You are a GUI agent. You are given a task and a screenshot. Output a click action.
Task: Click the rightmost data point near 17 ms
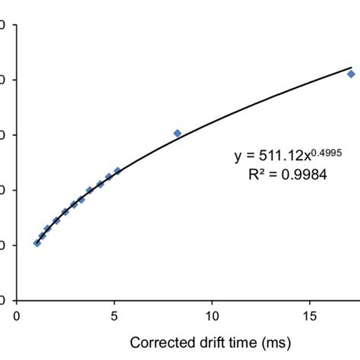pos(351,74)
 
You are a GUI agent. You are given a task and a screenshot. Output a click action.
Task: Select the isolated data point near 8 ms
pos(178,133)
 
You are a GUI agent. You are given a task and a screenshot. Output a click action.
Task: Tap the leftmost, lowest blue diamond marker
pos(36,243)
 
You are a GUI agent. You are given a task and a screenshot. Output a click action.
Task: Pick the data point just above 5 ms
pos(118,171)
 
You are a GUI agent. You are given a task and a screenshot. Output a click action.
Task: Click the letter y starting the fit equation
pos(237,159)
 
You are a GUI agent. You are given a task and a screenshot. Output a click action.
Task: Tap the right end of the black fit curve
pos(351,67)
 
